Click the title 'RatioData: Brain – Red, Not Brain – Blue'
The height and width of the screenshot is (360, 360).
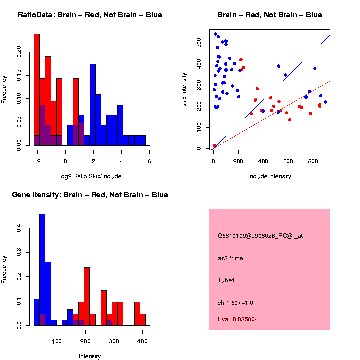[90, 15]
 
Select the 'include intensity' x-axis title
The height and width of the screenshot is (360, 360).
[269, 176]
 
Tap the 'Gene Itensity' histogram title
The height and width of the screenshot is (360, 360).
[90, 195]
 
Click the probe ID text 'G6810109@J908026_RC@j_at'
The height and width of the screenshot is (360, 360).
[260, 236]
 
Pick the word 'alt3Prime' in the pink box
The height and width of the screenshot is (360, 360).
[230, 258]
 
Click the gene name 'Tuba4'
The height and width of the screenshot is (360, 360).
[226, 280]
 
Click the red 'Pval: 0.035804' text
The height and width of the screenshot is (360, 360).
[238, 319]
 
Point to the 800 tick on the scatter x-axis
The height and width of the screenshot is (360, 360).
[313, 161]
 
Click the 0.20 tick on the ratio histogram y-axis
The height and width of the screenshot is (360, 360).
[19, 51]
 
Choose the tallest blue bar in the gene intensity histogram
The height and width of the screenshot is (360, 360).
[42, 270]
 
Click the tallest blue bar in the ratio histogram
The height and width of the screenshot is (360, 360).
[93, 105]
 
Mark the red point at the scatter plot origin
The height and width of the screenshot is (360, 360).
[214, 145]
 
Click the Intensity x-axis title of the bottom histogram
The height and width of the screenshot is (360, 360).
[90, 356]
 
